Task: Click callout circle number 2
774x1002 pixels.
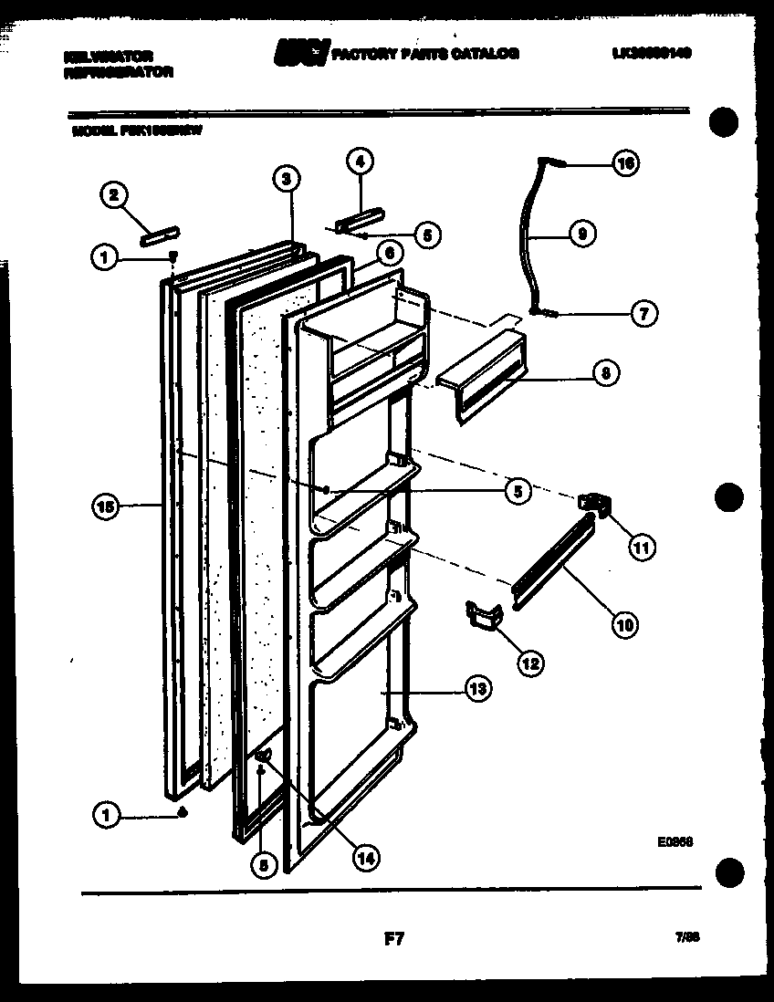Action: click(114, 193)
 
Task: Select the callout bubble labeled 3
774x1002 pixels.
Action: click(286, 178)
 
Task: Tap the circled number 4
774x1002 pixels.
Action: click(359, 161)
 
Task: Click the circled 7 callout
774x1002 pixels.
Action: click(644, 312)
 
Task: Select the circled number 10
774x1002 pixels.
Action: click(625, 625)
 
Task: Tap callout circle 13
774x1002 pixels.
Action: click(476, 689)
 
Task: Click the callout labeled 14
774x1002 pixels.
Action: click(365, 857)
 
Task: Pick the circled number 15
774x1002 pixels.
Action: click(107, 507)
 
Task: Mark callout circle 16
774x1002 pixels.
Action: click(625, 164)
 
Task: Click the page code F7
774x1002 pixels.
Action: click(394, 936)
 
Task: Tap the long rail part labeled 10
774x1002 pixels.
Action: click(552, 561)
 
